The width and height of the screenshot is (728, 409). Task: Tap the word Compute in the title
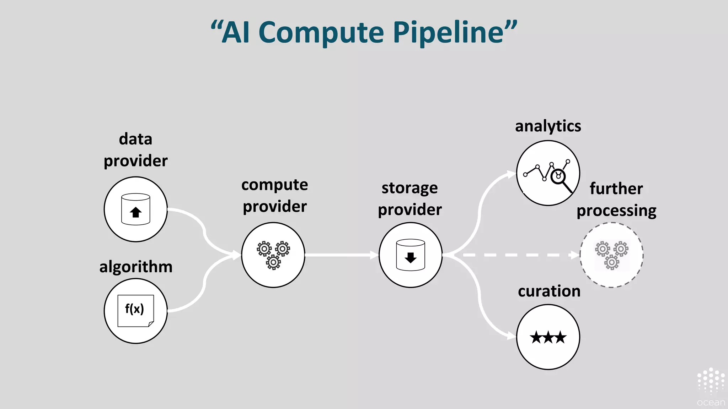tap(321, 33)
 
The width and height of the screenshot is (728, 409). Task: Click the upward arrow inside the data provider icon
tap(136, 213)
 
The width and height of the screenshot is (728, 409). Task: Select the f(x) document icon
tap(135, 311)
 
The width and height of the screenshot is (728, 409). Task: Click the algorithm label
tap(136, 267)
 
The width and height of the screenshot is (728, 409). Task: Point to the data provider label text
tap(135, 150)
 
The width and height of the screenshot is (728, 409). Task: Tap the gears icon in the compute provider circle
tap(273, 255)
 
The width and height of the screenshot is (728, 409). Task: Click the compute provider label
tap(274, 196)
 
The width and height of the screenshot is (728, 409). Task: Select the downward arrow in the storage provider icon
tap(411, 257)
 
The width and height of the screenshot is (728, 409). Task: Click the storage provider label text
tap(410, 199)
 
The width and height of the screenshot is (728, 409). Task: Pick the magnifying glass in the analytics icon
tap(560, 178)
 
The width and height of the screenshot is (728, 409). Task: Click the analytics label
tap(548, 126)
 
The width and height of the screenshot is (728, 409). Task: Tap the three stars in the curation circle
tap(548, 337)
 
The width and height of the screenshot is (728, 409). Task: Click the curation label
tap(549, 291)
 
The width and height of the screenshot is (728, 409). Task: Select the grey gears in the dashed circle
tap(611, 255)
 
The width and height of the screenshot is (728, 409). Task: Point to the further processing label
tap(616, 200)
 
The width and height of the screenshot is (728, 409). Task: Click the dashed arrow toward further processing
tap(515, 255)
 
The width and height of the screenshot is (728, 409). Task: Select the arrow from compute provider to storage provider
tap(341, 255)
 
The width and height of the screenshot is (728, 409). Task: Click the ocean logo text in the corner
tap(711, 403)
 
